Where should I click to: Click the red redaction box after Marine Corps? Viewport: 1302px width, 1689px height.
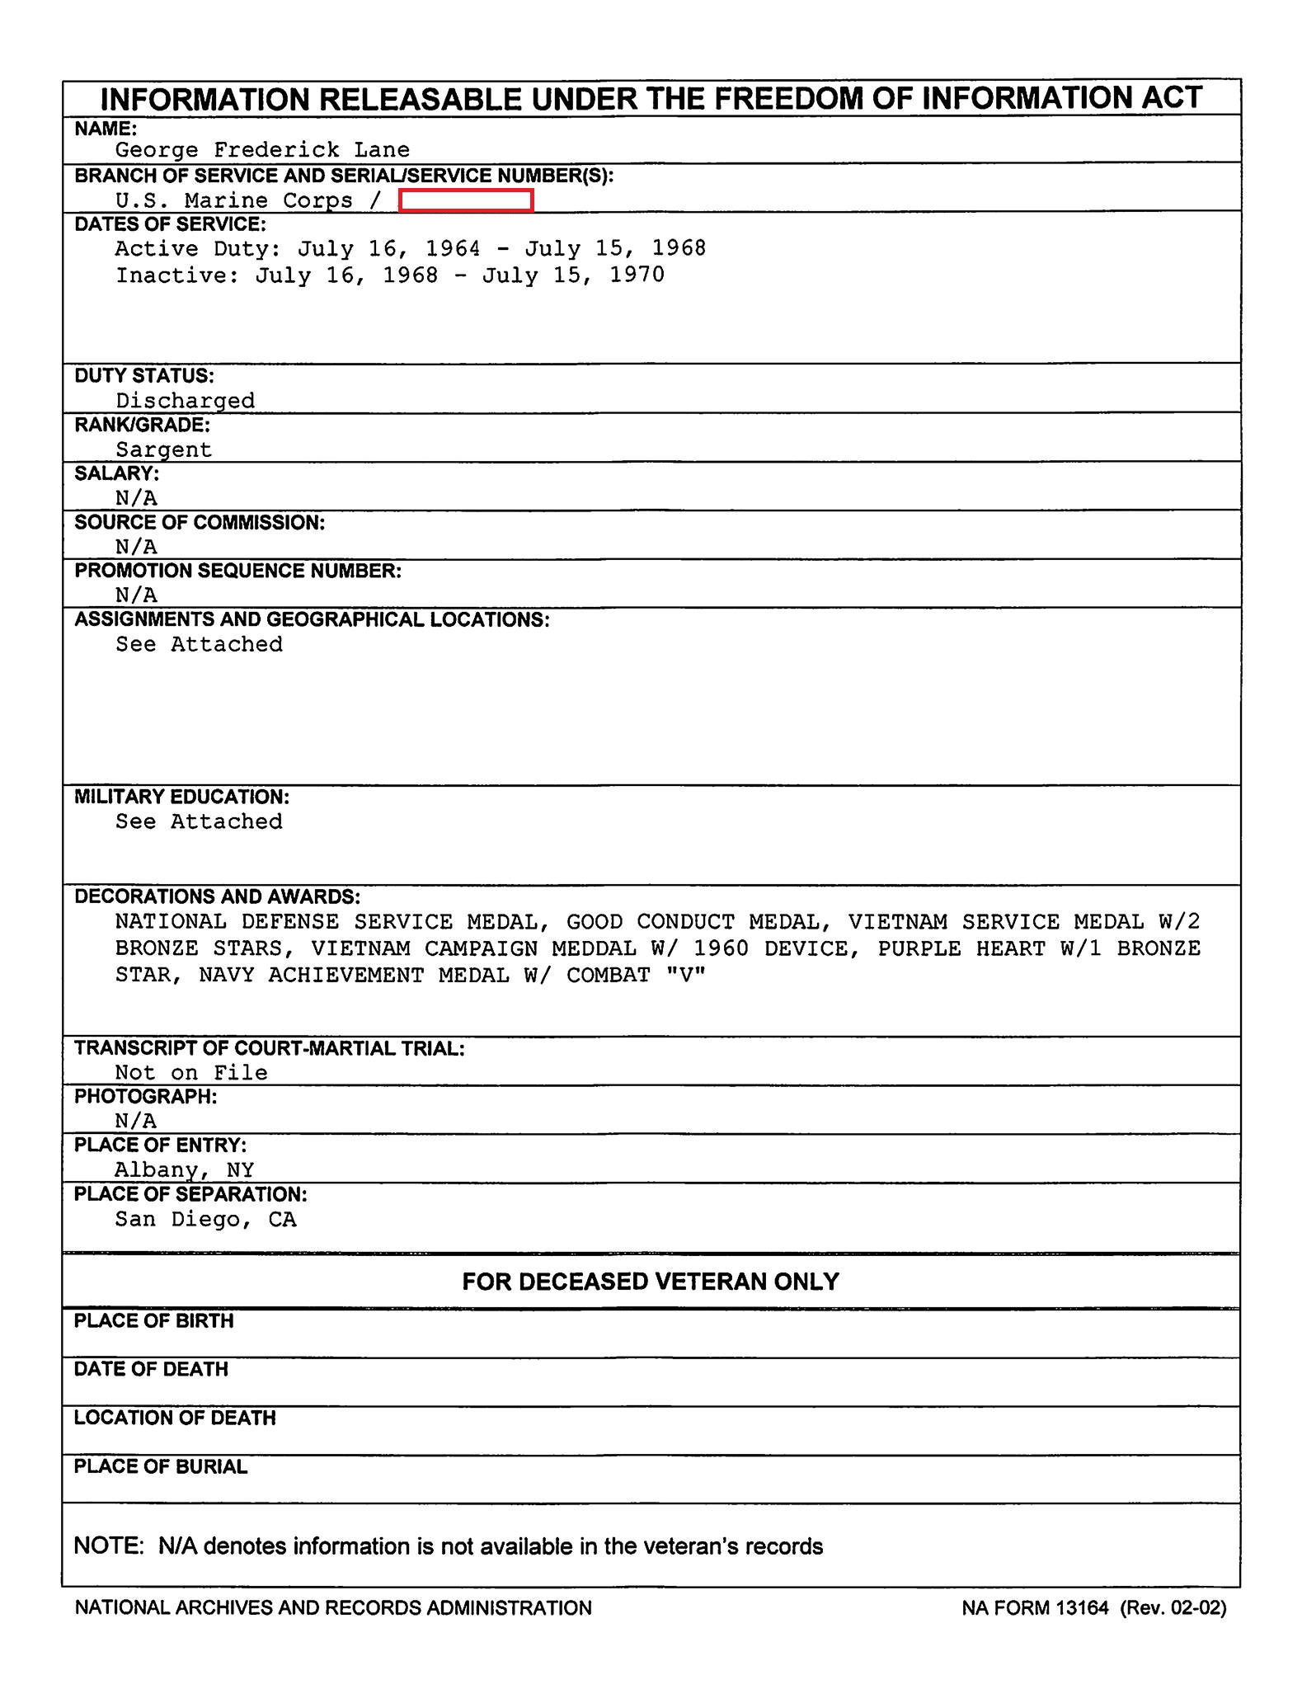click(x=466, y=200)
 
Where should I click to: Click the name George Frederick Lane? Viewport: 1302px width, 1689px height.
click(x=262, y=150)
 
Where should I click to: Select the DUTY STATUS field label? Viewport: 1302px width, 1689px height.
click(x=144, y=376)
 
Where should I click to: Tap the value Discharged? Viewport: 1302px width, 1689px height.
click(x=185, y=401)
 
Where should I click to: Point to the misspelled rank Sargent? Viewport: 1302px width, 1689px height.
click(x=163, y=449)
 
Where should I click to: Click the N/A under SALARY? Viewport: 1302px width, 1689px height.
click(x=136, y=498)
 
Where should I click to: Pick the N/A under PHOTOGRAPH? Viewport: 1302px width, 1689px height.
click(x=136, y=1121)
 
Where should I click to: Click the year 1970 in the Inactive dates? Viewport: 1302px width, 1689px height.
click(x=637, y=275)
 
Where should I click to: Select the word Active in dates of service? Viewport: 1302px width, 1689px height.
click(x=157, y=248)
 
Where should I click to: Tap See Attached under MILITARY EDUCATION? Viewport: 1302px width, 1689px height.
click(x=199, y=821)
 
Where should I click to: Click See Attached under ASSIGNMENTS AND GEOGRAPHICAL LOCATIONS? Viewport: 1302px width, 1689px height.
click(x=199, y=644)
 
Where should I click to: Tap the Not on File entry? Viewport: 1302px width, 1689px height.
click(x=191, y=1073)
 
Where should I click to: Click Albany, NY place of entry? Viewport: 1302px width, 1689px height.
click(x=184, y=1170)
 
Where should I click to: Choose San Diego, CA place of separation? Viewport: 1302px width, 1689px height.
click(x=205, y=1220)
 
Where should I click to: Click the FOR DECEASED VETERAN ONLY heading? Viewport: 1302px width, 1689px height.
click(x=651, y=1282)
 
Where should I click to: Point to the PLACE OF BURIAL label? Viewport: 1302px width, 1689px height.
click(x=161, y=1467)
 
